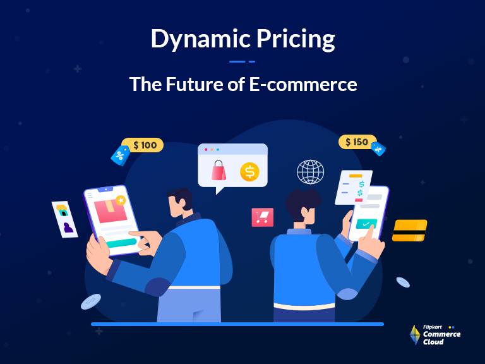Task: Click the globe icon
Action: coord(310,171)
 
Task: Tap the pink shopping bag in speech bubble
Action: coord(219,170)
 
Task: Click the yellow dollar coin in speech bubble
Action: coord(249,171)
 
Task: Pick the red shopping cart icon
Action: coord(262,217)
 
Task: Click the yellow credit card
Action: coord(409,231)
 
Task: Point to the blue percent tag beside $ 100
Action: coord(119,154)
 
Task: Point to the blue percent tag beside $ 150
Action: coord(378,149)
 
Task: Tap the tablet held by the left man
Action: coord(110,218)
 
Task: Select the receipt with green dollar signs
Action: coord(354,187)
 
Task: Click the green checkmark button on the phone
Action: coord(366,224)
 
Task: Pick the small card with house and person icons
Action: coord(64,219)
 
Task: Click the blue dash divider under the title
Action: coord(242,61)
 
